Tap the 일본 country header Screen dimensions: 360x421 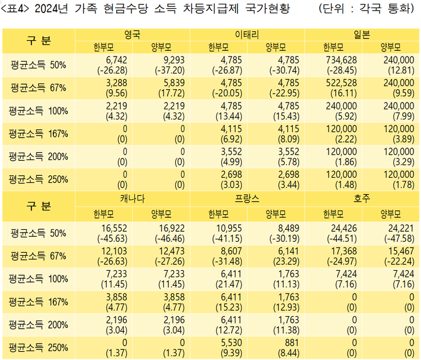[x=361, y=34]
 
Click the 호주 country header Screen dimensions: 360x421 [x=361, y=198]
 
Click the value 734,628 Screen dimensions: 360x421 [x=340, y=60]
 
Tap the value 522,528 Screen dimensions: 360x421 [x=340, y=82]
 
